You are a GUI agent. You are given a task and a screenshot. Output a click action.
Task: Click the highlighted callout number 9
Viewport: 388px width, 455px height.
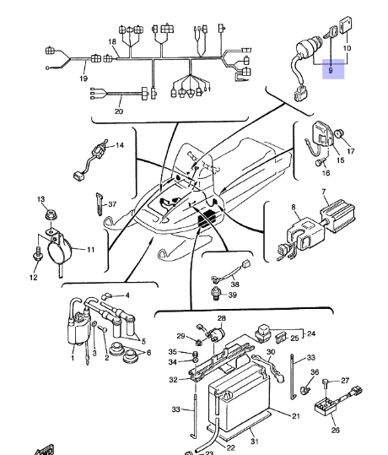pyautogui.click(x=331, y=70)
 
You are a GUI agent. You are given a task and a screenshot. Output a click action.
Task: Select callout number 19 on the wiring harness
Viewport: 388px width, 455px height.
pyautogui.click(x=84, y=79)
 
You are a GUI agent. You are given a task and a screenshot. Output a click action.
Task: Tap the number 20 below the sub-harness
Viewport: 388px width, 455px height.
pyautogui.click(x=119, y=111)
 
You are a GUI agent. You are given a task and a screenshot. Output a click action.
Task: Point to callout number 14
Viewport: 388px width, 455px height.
pyautogui.click(x=120, y=145)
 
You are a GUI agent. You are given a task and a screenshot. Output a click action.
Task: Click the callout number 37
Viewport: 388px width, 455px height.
pyautogui.click(x=112, y=204)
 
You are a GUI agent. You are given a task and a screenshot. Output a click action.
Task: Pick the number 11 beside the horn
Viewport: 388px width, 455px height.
pyautogui.click(x=91, y=249)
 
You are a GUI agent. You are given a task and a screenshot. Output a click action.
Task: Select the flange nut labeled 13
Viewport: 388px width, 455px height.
pyautogui.click(x=50, y=215)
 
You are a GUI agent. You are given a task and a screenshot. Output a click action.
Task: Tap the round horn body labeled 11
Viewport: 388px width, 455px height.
pyautogui.click(x=59, y=251)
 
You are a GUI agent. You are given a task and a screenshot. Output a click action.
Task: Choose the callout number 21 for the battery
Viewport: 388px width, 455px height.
pyautogui.click(x=295, y=416)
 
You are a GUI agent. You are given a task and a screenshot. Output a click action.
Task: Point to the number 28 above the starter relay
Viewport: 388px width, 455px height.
pyautogui.click(x=221, y=318)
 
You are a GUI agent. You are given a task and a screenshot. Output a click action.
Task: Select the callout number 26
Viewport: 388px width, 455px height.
pyautogui.click(x=335, y=430)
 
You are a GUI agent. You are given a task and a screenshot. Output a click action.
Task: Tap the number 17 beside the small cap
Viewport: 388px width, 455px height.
pyautogui.click(x=351, y=151)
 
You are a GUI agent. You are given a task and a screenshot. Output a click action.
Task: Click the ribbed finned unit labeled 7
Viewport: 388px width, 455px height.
pyautogui.click(x=338, y=215)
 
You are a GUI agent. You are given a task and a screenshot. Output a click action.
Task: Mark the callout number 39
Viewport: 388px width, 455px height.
pyautogui.click(x=233, y=295)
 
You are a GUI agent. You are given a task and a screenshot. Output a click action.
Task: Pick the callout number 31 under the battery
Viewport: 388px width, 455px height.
pyautogui.click(x=255, y=441)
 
